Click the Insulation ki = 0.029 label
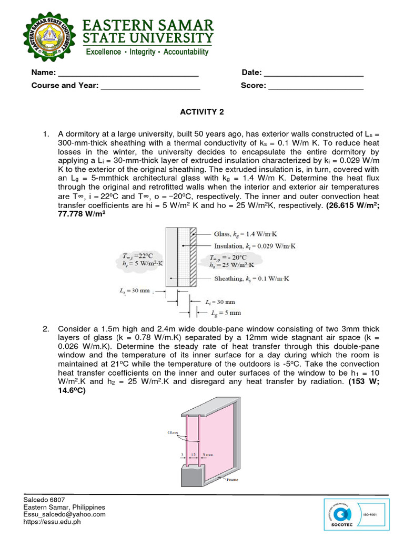pyautogui.click(x=255, y=245)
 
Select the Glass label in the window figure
pyautogui.click(x=174, y=432)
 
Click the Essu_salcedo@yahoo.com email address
pyautogui.click(x=64, y=514)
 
